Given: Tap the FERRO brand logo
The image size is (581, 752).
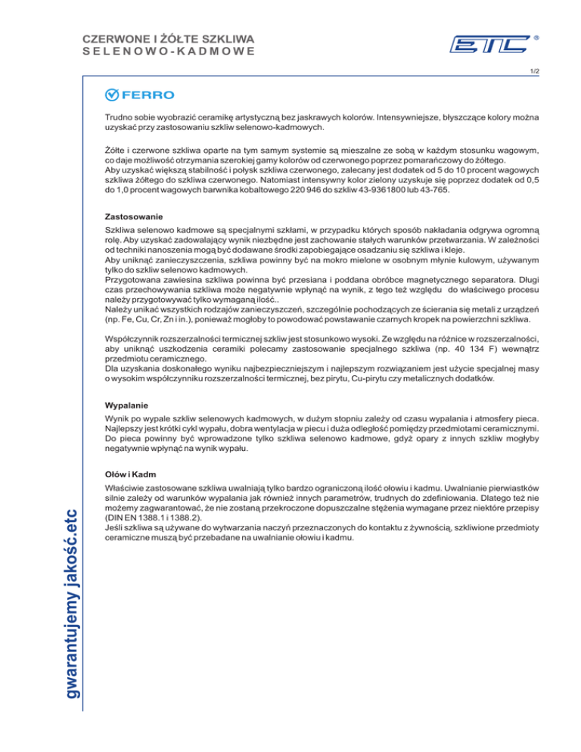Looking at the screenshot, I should (139, 95).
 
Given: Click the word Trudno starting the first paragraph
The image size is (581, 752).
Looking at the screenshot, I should (121, 119).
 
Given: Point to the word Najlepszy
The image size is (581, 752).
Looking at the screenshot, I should (126, 427).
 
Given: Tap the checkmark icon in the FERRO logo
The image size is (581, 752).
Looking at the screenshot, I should (111, 95).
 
